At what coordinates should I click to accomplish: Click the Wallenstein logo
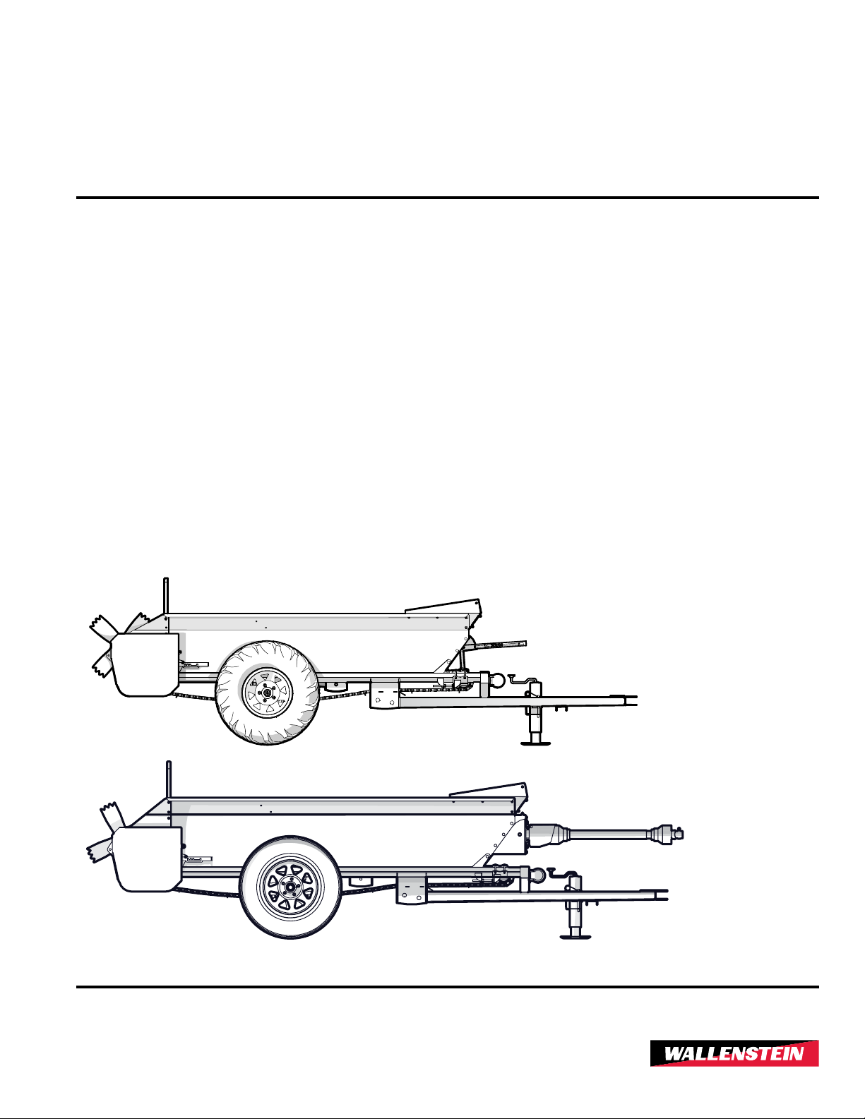click(734, 1054)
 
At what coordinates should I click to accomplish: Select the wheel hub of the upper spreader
click(268, 693)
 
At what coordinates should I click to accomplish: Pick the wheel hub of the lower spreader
click(290, 887)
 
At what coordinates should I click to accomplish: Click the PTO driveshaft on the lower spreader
click(607, 834)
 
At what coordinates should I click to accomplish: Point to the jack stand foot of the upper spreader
click(536, 742)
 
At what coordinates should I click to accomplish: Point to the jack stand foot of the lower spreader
click(575, 936)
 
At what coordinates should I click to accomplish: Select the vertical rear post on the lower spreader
click(168, 779)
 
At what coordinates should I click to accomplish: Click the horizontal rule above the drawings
click(447, 198)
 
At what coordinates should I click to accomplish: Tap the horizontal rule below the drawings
click(447, 986)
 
